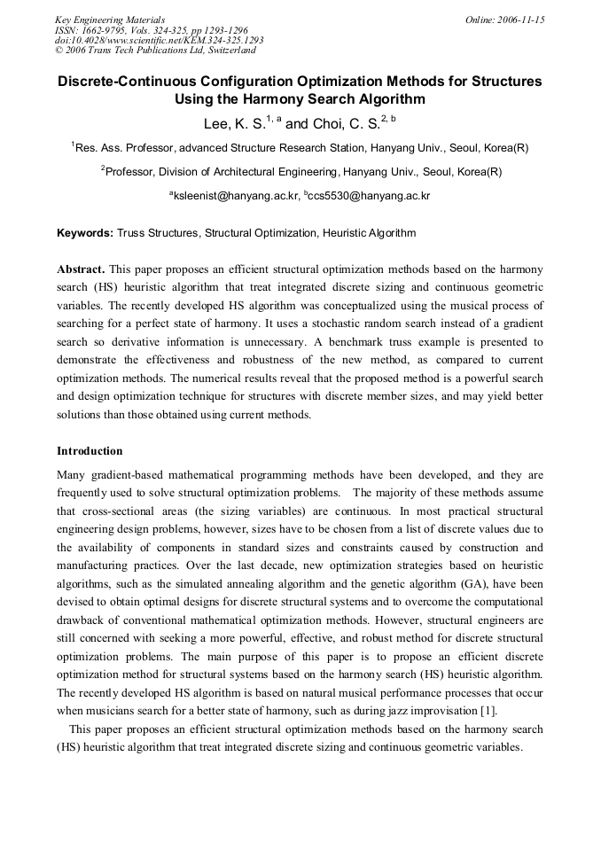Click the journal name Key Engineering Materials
click(110, 19)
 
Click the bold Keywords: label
click(84, 233)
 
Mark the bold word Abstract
click(81, 269)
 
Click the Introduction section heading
click(90, 451)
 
